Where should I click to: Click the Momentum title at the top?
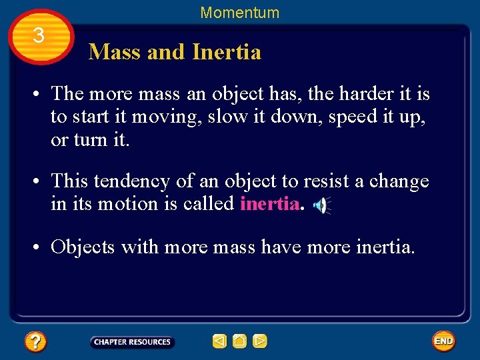(x=239, y=13)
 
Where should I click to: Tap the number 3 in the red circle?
(x=39, y=36)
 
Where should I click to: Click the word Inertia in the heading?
(x=226, y=52)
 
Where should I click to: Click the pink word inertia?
(x=269, y=204)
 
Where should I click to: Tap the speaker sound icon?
(x=321, y=206)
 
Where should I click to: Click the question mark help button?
(x=35, y=342)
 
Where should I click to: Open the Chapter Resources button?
(x=132, y=342)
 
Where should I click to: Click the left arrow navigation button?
(x=219, y=342)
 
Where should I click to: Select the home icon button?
(x=240, y=342)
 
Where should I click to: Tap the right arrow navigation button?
(x=260, y=342)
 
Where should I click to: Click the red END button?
(x=443, y=341)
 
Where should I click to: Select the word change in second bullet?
(x=399, y=181)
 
